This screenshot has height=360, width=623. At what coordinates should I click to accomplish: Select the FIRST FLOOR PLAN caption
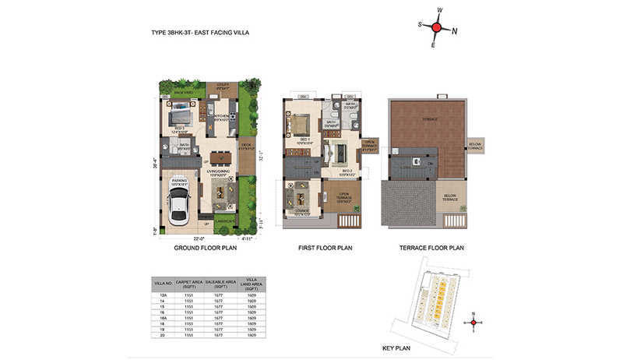[x=326, y=248]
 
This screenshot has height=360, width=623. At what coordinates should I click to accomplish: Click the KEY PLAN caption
[x=396, y=348]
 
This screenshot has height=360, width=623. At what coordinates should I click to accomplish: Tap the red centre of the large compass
[x=437, y=28]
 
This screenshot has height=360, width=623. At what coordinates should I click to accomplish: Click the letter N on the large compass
[x=455, y=31]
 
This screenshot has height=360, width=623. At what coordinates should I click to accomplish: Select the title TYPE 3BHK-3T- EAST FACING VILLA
[x=200, y=33]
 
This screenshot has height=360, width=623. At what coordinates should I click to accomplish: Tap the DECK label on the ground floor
[x=245, y=145]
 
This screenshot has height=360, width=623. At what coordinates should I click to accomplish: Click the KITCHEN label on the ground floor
[x=221, y=118]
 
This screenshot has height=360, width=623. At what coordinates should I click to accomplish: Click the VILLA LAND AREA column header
[x=251, y=283]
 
